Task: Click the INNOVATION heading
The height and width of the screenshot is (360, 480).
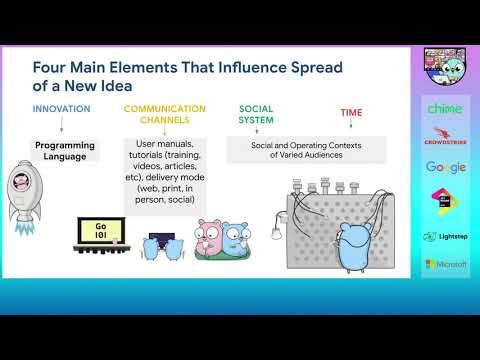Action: pos(60,108)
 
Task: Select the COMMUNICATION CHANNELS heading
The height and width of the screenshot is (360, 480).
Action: pos(165,114)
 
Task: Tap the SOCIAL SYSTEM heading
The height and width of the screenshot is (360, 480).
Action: pos(256,114)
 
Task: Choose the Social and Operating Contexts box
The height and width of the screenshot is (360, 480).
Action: pos(307,149)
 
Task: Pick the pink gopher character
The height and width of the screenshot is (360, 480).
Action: pos(209,240)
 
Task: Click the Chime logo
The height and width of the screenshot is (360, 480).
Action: pos(445,108)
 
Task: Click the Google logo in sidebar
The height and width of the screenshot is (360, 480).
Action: pos(445,167)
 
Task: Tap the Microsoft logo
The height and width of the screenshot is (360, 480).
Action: pos(445,264)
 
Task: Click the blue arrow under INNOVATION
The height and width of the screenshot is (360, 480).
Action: pos(62,126)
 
